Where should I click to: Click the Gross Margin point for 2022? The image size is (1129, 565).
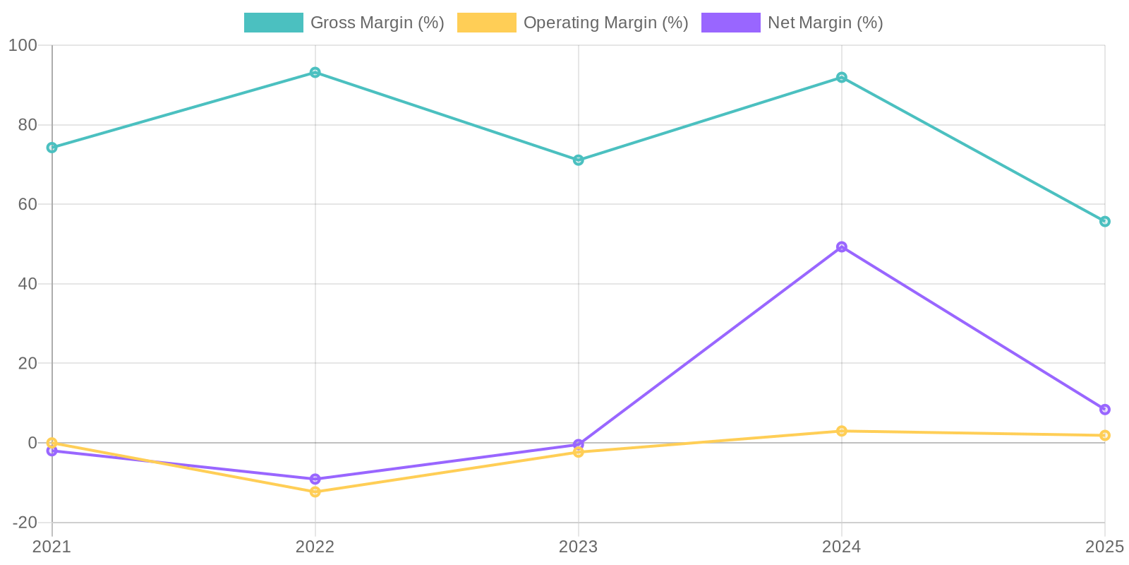[x=315, y=73]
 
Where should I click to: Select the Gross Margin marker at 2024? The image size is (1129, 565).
[x=842, y=78]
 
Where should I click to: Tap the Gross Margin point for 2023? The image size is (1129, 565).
[x=579, y=160]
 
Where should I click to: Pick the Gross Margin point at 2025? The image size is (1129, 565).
[x=1104, y=222]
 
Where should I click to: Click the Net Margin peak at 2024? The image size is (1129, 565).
[x=842, y=247]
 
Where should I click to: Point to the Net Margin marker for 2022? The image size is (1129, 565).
[x=315, y=479]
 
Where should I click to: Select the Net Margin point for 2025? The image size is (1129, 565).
[x=1104, y=410]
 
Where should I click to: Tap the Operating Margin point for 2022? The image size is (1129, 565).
[x=315, y=492]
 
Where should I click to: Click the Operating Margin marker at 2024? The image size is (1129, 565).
[x=842, y=431]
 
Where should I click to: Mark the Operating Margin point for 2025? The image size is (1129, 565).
[x=1104, y=435]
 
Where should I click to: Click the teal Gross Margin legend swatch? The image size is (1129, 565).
[x=273, y=23]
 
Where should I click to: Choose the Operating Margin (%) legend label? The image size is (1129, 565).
[x=605, y=23]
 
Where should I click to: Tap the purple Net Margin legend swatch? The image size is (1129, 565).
[x=730, y=23]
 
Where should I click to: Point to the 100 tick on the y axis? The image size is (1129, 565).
[x=23, y=46]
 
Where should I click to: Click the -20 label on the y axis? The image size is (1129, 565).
[x=24, y=523]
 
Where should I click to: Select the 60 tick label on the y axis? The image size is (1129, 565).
[x=27, y=204]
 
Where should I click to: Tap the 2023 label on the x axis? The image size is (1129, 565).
[x=579, y=547]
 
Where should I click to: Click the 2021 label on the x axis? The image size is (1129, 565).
[x=52, y=547]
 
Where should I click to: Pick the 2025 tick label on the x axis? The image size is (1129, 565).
[x=1104, y=547]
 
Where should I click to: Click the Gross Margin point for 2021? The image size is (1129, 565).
[x=52, y=148]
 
